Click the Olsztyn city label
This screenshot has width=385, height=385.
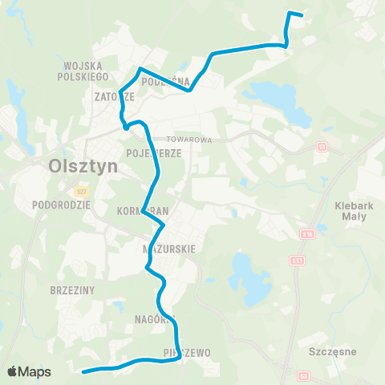(83, 166)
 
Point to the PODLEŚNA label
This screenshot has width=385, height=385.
(165, 81)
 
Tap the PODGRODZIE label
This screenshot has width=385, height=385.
(61, 205)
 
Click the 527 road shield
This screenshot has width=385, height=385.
(81, 192)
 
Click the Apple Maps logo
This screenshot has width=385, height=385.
(28, 371)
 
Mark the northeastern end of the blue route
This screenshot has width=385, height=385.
(301, 15)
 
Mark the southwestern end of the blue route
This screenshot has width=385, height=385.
(84, 371)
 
